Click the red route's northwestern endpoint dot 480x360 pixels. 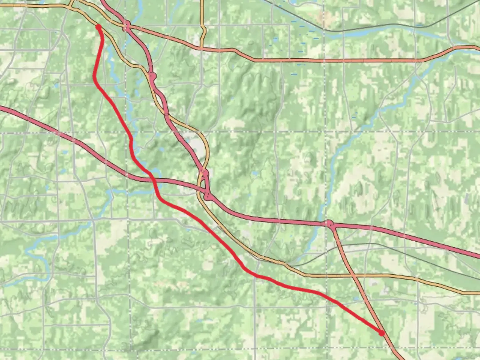pyautogui.click(x=98, y=26)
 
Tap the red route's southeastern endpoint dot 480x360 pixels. pyautogui.click(x=381, y=332)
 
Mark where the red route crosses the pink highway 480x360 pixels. pyautogui.click(x=154, y=180)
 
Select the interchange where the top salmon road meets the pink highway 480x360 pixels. pyautogui.click(x=126, y=26)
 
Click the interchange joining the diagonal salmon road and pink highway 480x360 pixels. pyautogui.click(x=329, y=224)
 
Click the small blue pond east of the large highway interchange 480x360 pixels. pyautogui.click(x=254, y=174)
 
